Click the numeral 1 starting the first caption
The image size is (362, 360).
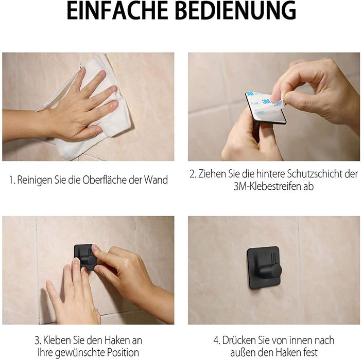(x=11, y=181)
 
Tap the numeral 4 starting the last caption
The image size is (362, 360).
(x=216, y=340)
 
